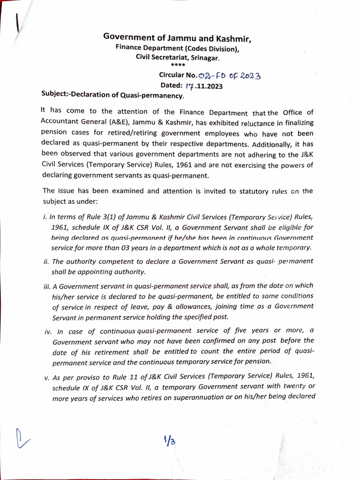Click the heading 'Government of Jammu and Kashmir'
180,38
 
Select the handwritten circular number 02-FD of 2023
230,75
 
